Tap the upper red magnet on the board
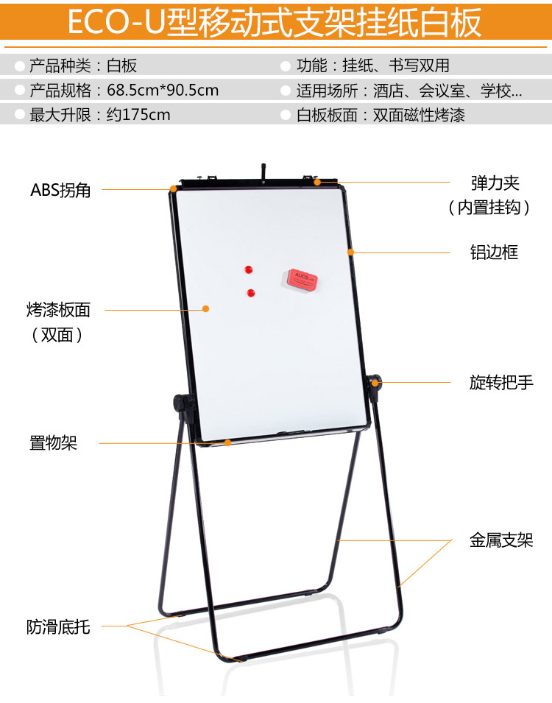[248, 269]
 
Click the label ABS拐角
[60, 189]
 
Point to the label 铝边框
[494, 252]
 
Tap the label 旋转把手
[501, 383]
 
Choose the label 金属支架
[501, 541]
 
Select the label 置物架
[53, 442]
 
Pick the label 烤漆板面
[58, 310]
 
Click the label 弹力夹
[495, 183]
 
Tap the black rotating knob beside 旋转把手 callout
[375, 383]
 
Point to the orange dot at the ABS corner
[173, 189]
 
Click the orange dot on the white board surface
[205, 308]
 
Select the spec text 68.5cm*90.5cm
[163, 91]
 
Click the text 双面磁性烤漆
[419, 115]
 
